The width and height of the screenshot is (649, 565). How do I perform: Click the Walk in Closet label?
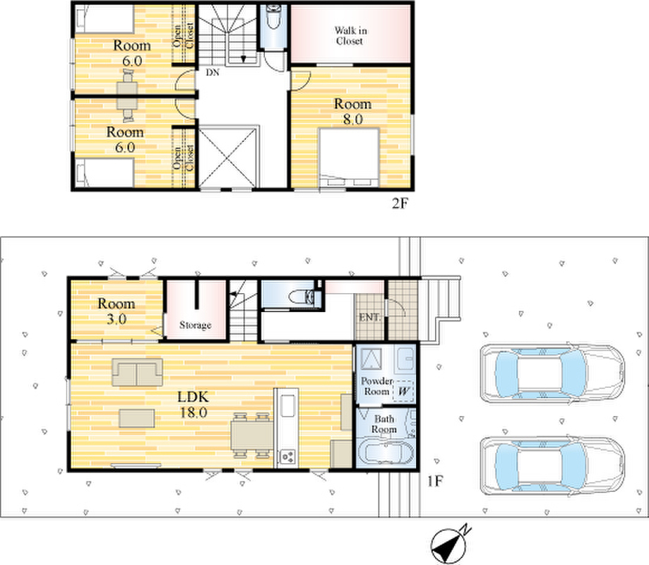coord(350,35)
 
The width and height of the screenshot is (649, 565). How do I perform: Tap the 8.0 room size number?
coord(352,119)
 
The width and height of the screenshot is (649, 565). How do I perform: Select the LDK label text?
coord(193,397)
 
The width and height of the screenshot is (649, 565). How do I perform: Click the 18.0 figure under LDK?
coord(193,412)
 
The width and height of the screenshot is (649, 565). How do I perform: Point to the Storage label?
coord(196,325)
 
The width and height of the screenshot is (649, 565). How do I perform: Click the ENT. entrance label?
coord(369,318)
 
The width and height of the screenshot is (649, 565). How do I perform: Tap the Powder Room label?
coord(376,386)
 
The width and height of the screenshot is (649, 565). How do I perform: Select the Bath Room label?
coord(383,424)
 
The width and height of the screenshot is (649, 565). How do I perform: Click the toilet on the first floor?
coord(302,297)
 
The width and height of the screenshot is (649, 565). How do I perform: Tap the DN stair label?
coord(213,73)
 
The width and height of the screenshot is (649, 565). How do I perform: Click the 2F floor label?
coord(400,203)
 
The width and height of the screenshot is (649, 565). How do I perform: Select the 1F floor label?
coord(435,481)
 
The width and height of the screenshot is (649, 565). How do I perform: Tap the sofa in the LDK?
coord(137,372)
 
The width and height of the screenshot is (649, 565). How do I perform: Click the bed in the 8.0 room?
coord(349,157)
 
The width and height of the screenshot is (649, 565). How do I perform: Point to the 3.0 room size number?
coord(117,319)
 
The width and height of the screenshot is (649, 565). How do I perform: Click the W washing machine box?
coord(403,391)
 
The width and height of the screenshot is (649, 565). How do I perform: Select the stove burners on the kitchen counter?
coord(287,457)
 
